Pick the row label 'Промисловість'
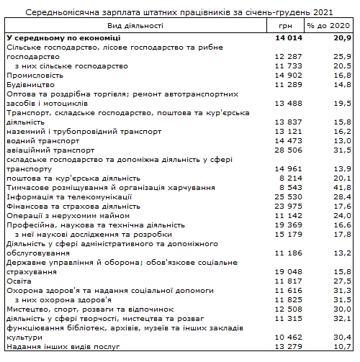[34, 74]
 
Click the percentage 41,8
[341, 187]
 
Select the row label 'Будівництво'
[30, 83]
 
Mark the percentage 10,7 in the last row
[341, 347]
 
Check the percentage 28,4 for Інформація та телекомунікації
[341, 196]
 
